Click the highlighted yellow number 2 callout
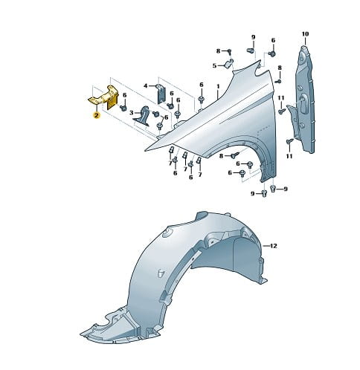(x=96, y=115)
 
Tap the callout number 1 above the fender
(x=218, y=86)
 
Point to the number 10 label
(x=305, y=33)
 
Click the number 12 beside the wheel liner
(x=273, y=246)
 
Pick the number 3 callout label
(x=132, y=113)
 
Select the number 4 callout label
(x=146, y=86)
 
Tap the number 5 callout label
(x=214, y=66)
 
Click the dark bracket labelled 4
(x=160, y=94)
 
